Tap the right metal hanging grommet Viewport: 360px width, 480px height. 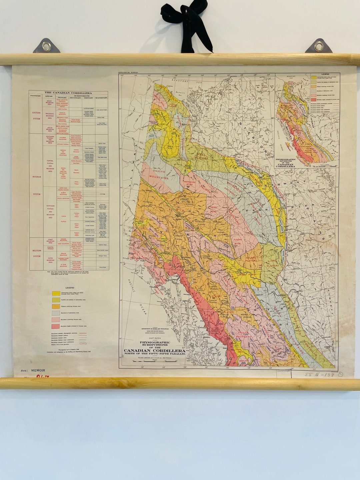pyautogui.click(x=319, y=46)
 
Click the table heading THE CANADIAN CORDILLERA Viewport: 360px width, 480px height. pyautogui.click(x=68, y=93)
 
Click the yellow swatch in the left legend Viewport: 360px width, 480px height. pyautogui.click(x=56, y=293)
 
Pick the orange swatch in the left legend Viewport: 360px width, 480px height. pyautogui.click(x=56, y=306)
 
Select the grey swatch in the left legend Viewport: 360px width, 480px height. pyautogui.click(x=56, y=313)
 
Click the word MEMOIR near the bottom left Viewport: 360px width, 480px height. pyautogui.click(x=38, y=370)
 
